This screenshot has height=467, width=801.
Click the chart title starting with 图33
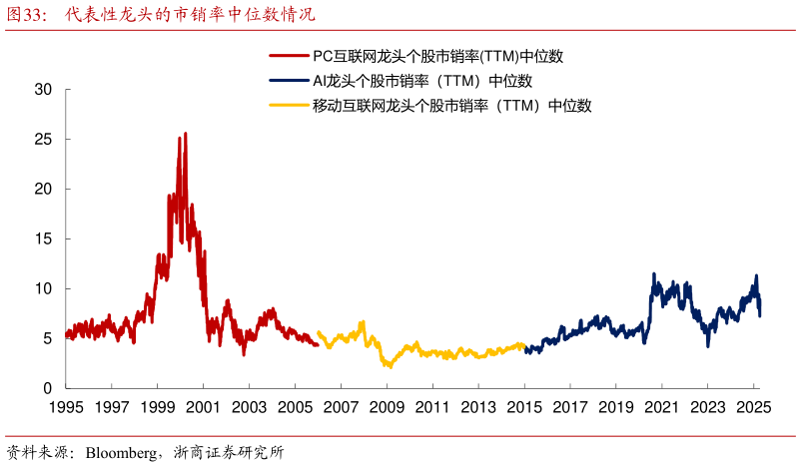tap(160, 15)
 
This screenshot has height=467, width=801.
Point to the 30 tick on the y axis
tap(43, 89)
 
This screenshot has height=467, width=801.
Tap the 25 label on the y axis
tap(43, 139)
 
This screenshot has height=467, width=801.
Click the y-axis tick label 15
tap(43, 238)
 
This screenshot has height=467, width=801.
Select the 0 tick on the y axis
tap(48, 388)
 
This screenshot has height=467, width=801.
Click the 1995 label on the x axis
tap(65, 407)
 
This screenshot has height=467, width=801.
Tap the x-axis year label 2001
tap(203, 407)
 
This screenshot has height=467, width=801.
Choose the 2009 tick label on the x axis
tap(387, 407)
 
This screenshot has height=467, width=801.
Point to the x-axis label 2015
tap(524, 407)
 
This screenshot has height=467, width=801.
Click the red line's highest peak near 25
tap(185, 133)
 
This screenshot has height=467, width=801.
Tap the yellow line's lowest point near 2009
tap(391, 367)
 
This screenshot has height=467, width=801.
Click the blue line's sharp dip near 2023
tap(708, 345)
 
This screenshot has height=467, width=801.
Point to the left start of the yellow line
tap(318, 333)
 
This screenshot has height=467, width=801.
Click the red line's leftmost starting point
tap(66, 335)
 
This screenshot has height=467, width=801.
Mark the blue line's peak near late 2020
tap(654, 273)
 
